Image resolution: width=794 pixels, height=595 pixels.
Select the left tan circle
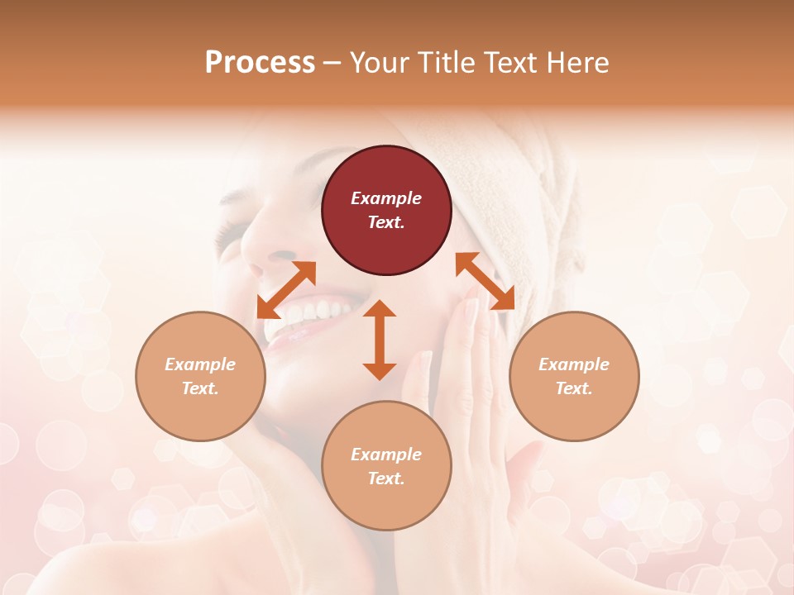click(200, 376)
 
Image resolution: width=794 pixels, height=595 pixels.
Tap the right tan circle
click(574, 376)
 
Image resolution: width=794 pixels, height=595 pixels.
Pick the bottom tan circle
click(386, 466)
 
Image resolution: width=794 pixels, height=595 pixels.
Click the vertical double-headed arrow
click(380, 340)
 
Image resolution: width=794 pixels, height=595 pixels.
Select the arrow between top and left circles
click(286, 289)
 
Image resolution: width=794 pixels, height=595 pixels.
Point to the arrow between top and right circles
click(485, 281)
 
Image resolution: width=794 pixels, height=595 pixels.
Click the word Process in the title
click(260, 63)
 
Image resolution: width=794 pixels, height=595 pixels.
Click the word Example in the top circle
click(386, 198)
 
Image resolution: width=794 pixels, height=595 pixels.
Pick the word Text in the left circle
click(200, 388)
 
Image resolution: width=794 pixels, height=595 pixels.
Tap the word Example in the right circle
click(574, 364)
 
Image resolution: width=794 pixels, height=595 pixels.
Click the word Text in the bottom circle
click(386, 478)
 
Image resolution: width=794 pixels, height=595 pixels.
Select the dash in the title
click(332, 63)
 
